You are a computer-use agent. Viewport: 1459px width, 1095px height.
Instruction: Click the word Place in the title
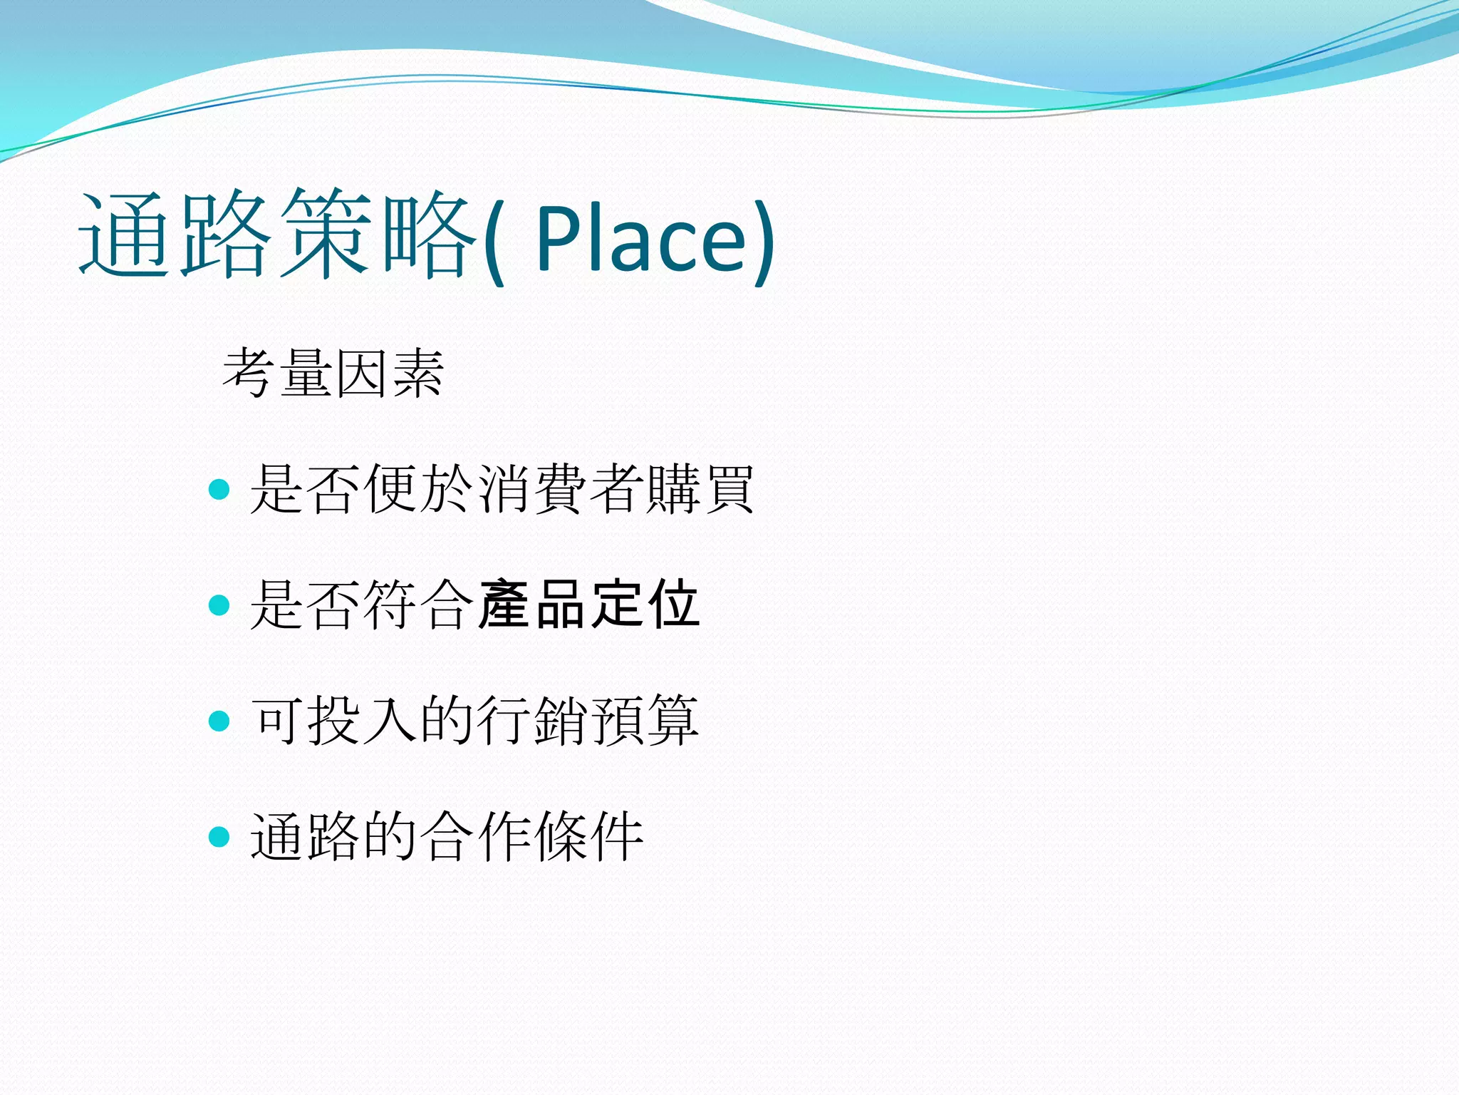point(641,237)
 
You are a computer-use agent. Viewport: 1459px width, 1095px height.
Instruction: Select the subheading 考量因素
point(333,374)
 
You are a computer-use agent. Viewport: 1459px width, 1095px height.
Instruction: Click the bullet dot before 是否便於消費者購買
point(219,489)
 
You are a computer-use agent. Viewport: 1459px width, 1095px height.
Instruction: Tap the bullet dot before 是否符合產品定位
point(219,605)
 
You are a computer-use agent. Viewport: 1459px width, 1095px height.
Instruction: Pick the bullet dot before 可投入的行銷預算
point(219,721)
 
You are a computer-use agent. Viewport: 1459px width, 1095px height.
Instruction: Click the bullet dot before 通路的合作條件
point(219,836)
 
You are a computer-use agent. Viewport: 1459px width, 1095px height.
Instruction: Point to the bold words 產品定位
point(588,605)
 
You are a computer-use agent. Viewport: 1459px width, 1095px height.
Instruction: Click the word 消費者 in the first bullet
point(560,489)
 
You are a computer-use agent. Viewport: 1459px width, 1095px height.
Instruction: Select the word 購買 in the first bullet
point(700,489)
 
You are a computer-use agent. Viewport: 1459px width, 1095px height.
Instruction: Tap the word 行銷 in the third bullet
point(531,721)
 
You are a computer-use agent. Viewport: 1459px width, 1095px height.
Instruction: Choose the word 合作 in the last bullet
point(475,836)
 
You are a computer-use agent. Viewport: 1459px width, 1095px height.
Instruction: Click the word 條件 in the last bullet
point(588,836)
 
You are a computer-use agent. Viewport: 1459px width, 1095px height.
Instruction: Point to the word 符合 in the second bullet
point(419,605)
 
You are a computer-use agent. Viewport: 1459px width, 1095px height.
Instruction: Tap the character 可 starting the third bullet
point(278,721)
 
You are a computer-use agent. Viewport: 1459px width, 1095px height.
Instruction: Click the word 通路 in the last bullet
point(306,836)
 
